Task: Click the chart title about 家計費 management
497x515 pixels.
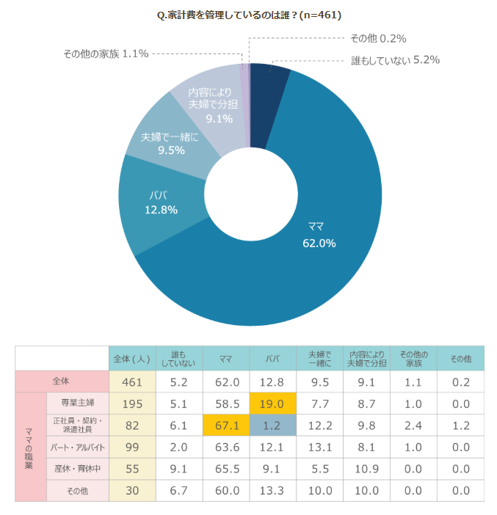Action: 250,15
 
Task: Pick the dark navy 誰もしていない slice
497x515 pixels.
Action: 269,95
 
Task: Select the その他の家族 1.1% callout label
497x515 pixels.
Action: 106,54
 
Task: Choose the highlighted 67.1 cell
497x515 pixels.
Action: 226,425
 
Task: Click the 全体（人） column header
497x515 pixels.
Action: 132,359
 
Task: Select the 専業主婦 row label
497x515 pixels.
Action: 77,403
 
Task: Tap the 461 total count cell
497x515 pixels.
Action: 132,382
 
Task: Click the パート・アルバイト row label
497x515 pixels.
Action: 77,448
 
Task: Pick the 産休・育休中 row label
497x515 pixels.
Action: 77,469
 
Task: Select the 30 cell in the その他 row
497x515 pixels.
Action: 132,490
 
